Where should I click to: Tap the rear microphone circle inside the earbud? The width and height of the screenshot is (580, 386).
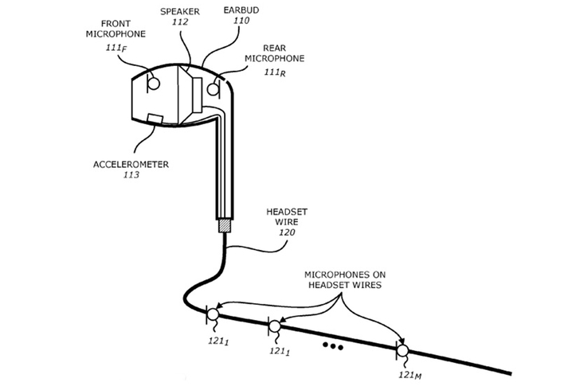[213, 89]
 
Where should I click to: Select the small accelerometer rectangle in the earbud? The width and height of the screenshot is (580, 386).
[155, 119]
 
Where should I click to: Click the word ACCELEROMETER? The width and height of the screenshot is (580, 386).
[131, 164]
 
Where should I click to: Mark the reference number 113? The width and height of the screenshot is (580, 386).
[131, 175]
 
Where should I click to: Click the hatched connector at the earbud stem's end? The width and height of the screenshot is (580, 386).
[225, 226]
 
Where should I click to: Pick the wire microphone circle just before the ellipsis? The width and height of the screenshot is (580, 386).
[275, 326]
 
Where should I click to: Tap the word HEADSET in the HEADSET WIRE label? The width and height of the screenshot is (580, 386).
[287, 212]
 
